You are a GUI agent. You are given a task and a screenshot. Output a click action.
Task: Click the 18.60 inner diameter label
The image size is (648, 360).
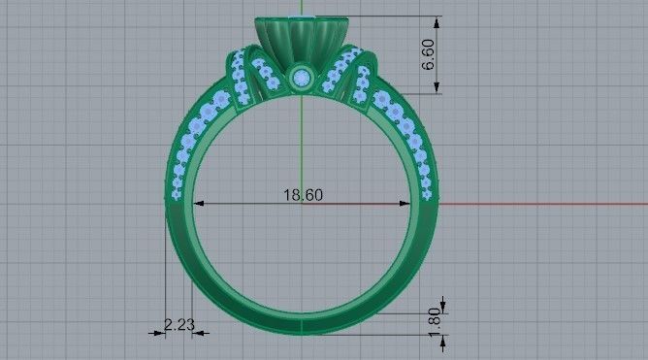click(303, 195)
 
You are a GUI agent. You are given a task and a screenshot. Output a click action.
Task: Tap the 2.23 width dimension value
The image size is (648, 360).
click(178, 325)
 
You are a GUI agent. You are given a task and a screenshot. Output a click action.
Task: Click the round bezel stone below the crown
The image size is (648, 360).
click(302, 77)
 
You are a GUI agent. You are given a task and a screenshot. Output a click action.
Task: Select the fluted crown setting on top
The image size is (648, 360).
click(302, 43)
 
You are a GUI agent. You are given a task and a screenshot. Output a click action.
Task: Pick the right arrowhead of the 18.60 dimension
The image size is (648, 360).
click(405, 204)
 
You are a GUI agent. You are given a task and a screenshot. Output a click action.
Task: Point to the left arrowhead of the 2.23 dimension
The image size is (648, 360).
click(163, 333)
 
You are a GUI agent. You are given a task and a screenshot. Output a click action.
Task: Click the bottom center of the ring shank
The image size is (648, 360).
click(302, 324)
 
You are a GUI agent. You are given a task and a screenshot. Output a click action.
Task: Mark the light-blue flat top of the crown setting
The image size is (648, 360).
click(302, 21)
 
